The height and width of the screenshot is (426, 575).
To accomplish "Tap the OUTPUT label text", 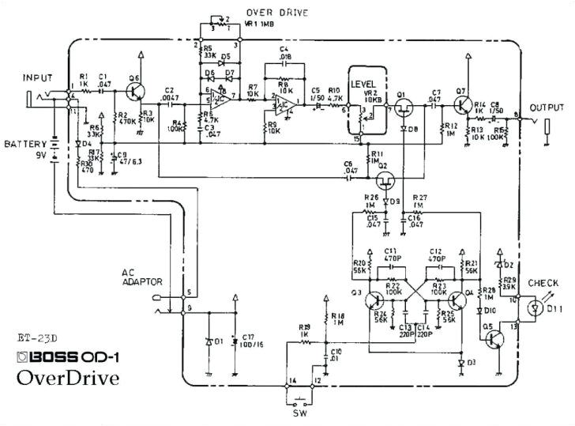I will point(547,107).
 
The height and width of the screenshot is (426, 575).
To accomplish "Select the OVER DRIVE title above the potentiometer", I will point(276,13).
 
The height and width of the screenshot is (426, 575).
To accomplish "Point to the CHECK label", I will point(543,282).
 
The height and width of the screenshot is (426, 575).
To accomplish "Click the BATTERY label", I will point(23,145).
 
